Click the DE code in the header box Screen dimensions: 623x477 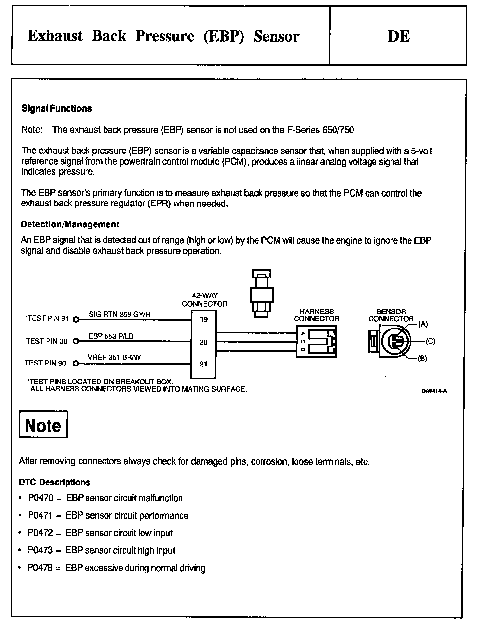(398, 36)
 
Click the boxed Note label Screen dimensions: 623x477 (43, 425)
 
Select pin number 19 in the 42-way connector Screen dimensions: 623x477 (204, 319)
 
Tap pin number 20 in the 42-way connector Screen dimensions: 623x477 (203, 342)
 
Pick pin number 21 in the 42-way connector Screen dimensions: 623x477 (203, 364)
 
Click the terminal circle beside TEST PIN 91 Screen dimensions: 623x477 (76, 320)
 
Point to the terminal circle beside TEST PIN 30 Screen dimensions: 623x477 (76, 342)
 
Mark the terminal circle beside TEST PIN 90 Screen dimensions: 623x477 (76, 363)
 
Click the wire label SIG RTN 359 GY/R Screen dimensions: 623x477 (120, 315)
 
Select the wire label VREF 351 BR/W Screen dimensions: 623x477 (114, 357)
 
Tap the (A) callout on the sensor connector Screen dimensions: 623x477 (423, 324)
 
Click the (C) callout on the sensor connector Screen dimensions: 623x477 (430, 342)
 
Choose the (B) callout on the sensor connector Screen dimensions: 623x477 (422, 359)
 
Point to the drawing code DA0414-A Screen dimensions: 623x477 (434, 391)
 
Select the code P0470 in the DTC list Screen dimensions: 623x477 (41, 498)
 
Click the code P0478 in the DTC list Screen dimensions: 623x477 (40, 568)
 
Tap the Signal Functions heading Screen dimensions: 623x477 (57, 109)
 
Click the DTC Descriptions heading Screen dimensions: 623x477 (54, 482)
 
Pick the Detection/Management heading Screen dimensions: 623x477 (70, 224)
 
